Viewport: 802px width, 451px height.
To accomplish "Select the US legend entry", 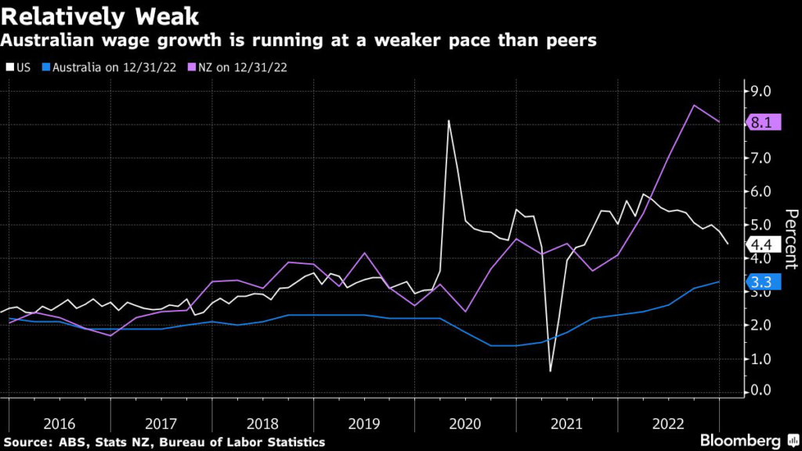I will pos(20,67).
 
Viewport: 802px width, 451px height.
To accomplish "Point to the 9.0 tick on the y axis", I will pos(760,92).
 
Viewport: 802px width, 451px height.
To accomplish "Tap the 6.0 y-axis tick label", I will pos(760,192).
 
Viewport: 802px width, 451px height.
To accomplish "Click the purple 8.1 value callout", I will pos(762,123).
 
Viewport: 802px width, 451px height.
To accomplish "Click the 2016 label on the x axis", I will pos(60,424).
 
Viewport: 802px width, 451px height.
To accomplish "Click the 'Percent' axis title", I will pos(790,238).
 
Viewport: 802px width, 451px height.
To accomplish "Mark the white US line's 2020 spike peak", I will pos(449,121).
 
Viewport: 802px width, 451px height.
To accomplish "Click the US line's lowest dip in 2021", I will pos(550,370).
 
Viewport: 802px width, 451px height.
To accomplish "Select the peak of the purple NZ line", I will pos(694,105).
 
